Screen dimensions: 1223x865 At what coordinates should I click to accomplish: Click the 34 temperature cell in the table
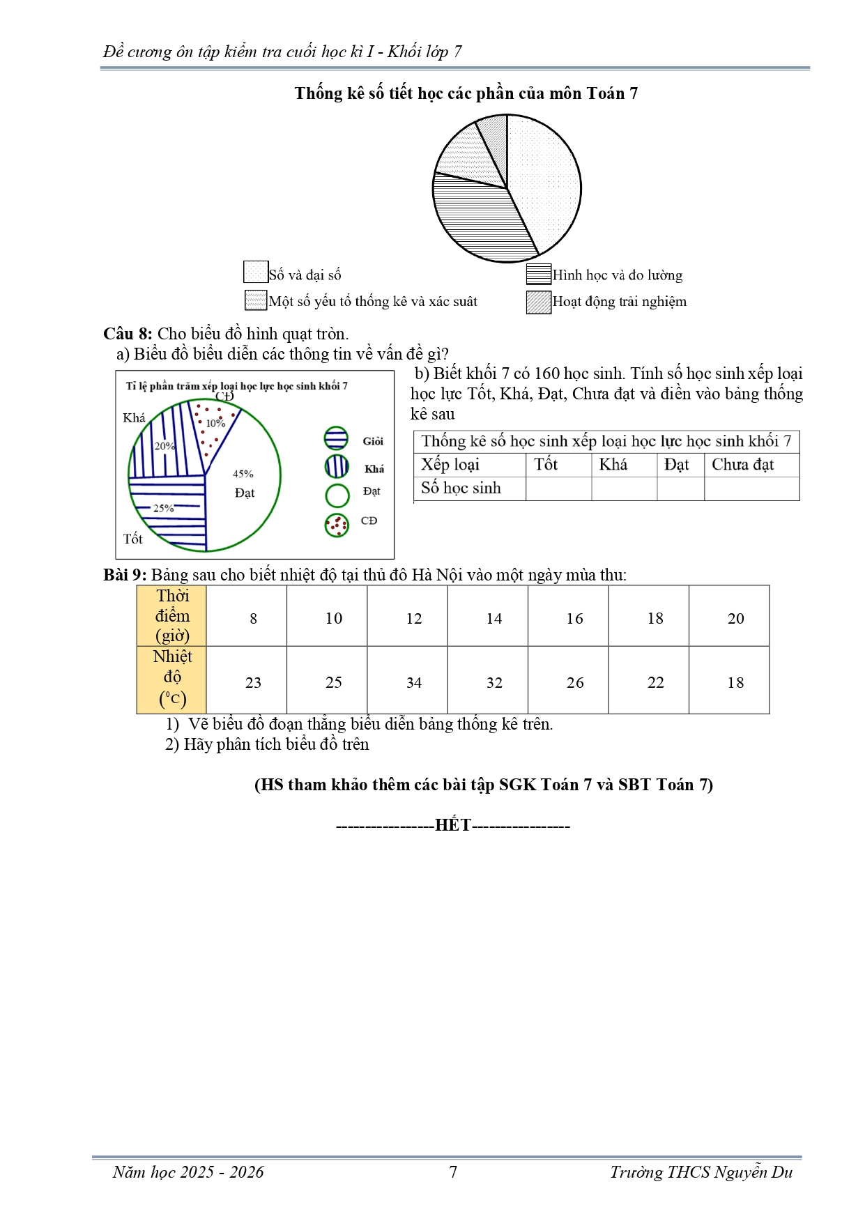point(414,682)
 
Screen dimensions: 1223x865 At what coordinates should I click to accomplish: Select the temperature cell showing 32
point(494,682)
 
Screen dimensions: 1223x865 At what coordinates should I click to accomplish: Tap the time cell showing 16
point(574,618)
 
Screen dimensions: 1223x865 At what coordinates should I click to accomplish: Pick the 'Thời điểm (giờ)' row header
point(172,615)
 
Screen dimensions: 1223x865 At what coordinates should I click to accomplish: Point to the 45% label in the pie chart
point(243,474)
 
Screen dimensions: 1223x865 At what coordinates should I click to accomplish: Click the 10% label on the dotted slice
point(215,423)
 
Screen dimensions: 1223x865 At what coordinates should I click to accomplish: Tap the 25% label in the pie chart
point(163,508)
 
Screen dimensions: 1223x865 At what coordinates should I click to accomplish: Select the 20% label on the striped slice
point(164,446)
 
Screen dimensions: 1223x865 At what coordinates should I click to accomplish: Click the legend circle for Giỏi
point(336,438)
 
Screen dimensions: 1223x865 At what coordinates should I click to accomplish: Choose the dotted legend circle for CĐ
point(337,525)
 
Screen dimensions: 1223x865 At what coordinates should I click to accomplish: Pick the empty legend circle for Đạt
point(337,495)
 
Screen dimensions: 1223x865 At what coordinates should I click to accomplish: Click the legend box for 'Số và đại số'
point(255,272)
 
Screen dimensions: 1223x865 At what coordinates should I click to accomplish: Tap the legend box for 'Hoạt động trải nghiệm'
point(539,302)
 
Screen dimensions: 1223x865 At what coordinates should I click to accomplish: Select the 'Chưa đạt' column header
point(742,465)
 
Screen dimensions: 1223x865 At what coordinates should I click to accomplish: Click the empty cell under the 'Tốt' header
point(558,489)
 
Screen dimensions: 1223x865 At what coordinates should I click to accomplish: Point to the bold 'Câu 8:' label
point(128,334)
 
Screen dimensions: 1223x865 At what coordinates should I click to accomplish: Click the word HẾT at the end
point(453,825)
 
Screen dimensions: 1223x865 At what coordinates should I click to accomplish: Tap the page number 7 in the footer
point(453,1172)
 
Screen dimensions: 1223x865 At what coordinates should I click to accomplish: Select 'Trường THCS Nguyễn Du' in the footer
point(701,1172)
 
